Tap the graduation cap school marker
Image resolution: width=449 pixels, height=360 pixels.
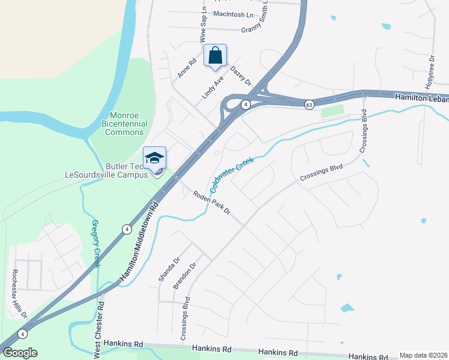click(154, 157)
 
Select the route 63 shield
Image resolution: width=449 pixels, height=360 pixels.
click(309, 104)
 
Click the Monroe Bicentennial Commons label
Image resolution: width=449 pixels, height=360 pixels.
click(124, 124)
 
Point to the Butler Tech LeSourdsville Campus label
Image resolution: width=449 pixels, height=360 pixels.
click(106, 170)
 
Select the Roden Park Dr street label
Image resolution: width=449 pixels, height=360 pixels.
click(212, 202)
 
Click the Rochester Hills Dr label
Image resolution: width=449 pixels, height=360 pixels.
click(17, 293)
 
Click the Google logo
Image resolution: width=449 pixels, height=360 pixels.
click(20, 353)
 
